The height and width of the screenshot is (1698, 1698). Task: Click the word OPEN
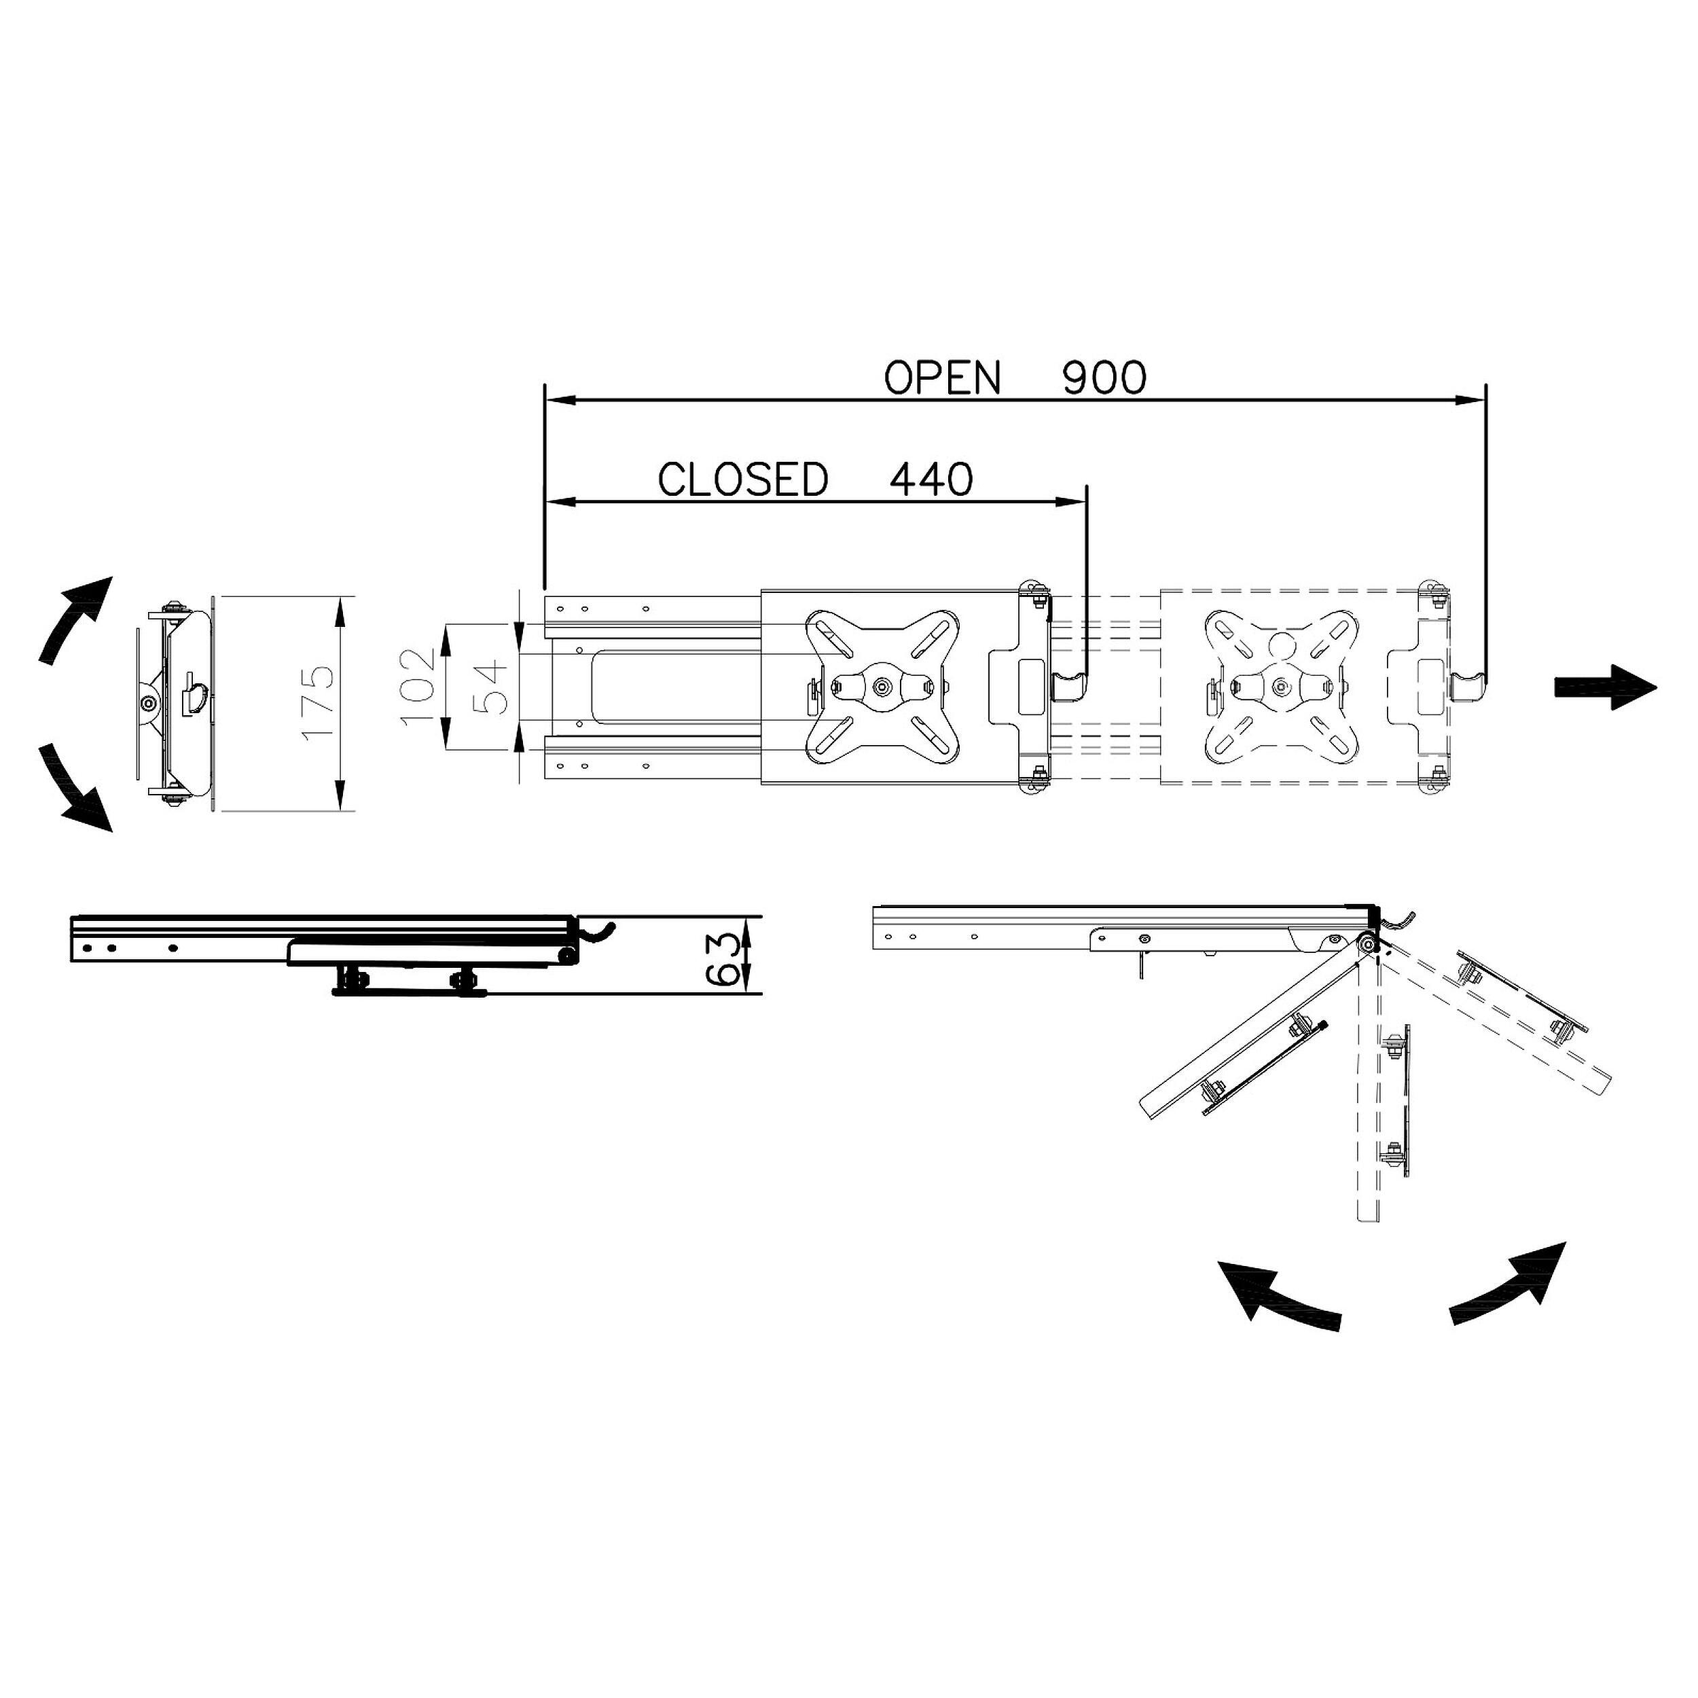(942, 378)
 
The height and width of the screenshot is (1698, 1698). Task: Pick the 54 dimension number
(491, 688)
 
